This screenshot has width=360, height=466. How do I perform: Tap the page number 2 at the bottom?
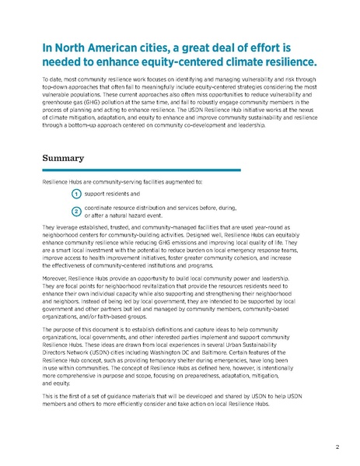[x=337, y=447]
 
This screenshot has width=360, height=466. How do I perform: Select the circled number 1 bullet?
[x=76, y=193]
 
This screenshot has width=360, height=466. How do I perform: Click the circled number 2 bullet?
[x=76, y=212]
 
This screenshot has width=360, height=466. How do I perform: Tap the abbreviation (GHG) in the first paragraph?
[x=101, y=112]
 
